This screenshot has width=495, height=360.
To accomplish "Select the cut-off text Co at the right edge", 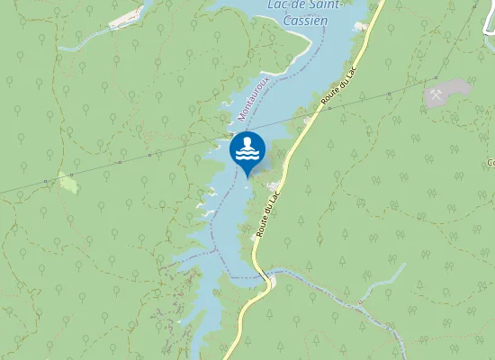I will [490, 163].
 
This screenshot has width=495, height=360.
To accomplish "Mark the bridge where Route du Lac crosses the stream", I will [269, 282].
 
